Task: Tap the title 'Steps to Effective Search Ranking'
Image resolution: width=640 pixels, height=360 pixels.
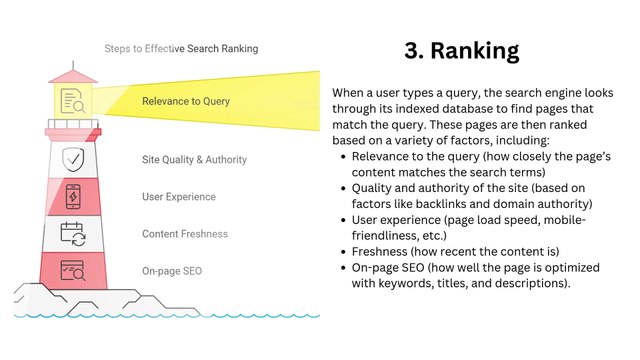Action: point(181,48)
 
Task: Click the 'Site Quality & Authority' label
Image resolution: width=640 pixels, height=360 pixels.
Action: point(194,159)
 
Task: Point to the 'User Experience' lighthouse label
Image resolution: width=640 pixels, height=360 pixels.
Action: point(180,196)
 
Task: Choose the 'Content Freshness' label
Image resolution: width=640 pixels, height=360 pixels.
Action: point(185,234)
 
